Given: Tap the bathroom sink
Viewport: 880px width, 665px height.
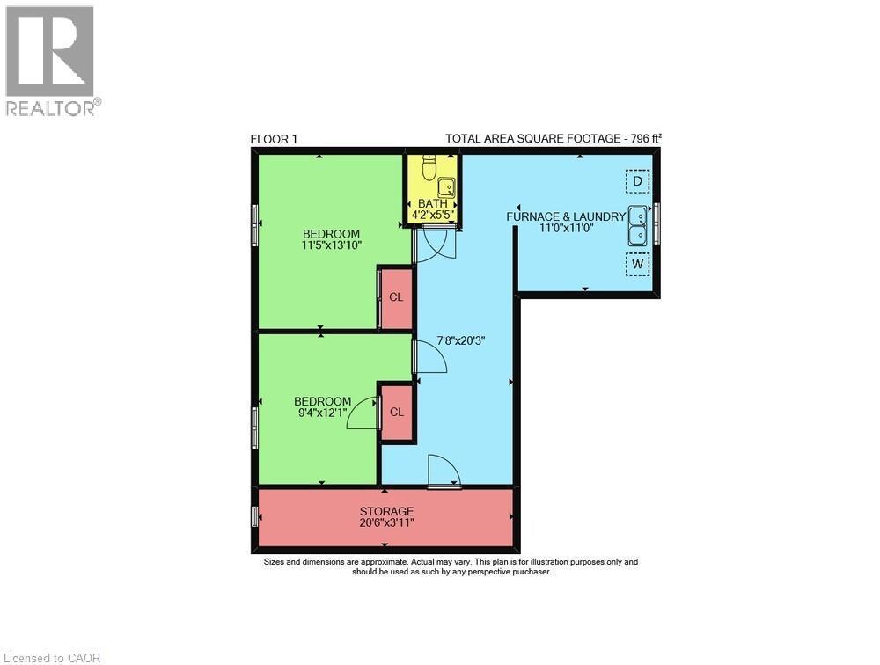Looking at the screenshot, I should coord(446,186).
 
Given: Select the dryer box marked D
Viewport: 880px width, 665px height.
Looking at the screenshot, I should coord(637,182).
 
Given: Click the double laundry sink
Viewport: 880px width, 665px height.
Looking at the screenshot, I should coord(637,224).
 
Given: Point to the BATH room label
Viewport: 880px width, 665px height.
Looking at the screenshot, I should coord(432,204).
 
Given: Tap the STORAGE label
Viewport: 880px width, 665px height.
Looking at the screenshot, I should coord(386,511).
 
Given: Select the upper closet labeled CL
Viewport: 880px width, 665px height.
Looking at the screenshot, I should coord(396,297).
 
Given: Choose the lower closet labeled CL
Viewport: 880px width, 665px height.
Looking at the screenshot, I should coord(396,412).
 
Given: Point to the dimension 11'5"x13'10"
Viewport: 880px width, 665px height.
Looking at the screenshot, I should coord(332,245).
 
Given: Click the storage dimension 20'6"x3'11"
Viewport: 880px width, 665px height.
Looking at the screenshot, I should coord(386,522).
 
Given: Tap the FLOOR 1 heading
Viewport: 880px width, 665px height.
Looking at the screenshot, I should coord(274,138).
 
